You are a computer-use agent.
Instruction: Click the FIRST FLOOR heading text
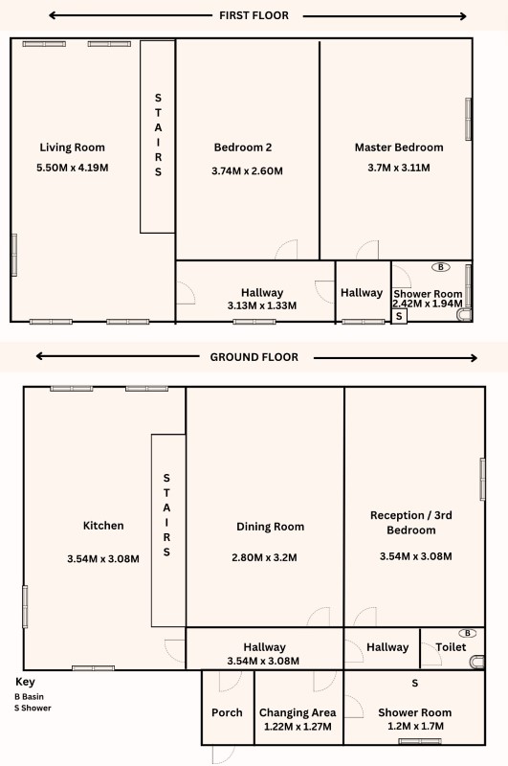point(254,15)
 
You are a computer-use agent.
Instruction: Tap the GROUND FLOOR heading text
point(254,357)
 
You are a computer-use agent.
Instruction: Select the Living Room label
point(72,147)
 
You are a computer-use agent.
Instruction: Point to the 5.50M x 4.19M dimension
point(72,168)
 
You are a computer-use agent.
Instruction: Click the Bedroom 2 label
point(243,147)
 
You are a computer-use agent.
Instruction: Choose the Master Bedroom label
point(399,147)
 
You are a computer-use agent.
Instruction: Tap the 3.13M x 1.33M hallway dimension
point(261,305)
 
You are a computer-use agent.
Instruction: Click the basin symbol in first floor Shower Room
point(441,267)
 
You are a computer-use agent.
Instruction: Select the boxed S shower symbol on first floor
point(399,316)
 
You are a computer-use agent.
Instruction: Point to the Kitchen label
point(103,526)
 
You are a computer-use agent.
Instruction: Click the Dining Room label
point(271,527)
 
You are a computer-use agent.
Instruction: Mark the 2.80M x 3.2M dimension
point(264,557)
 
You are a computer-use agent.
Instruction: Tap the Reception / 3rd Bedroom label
point(410,522)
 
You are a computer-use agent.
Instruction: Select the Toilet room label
point(451,647)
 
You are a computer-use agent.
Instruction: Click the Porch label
point(227,712)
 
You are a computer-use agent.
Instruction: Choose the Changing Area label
point(298,712)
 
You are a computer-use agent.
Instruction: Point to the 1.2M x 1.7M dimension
point(415,727)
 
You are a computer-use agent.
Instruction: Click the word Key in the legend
point(25,682)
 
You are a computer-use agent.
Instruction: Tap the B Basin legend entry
point(29,697)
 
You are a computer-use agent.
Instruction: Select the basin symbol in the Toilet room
point(468,633)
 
